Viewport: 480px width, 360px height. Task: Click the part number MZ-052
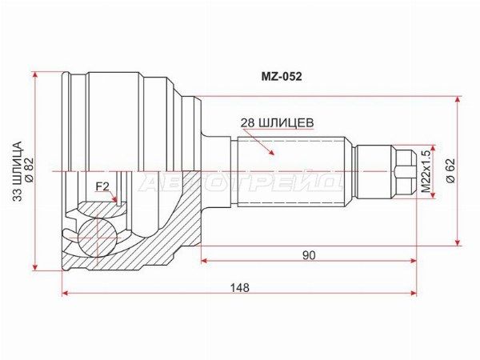pos(282,77)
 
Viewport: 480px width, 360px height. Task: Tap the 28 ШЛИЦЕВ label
pos(278,122)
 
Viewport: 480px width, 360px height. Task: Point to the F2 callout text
pos(102,186)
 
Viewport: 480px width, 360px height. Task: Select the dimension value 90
pos(309,255)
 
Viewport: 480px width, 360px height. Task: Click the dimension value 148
pos(240,288)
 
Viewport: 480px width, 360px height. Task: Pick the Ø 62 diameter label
pos(450,171)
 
